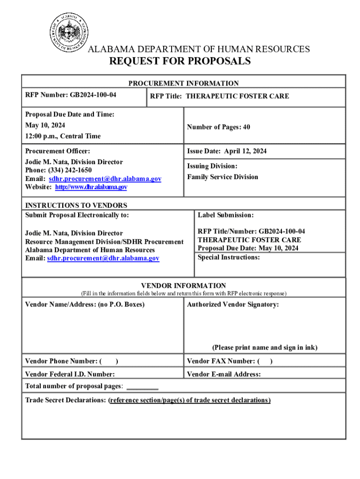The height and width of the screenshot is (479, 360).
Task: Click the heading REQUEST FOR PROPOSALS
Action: click(x=180, y=61)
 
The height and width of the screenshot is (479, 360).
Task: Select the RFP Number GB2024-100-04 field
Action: click(x=71, y=95)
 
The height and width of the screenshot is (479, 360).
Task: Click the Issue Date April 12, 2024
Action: click(x=227, y=151)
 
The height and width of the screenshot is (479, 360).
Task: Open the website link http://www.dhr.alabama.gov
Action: click(x=91, y=187)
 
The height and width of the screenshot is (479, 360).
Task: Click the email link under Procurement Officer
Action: click(x=105, y=179)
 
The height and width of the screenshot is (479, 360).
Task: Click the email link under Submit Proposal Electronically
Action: click(x=103, y=258)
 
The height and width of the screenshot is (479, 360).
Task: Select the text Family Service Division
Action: click(x=223, y=177)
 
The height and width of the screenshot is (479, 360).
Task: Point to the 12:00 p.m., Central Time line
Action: click(x=63, y=136)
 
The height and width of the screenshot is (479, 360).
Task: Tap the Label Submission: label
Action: click(x=225, y=215)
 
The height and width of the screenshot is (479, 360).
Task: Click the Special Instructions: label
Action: click(x=229, y=257)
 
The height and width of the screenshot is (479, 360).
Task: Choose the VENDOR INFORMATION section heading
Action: click(x=184, y=285)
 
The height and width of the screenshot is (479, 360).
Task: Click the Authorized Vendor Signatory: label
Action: click(x=233, y=305)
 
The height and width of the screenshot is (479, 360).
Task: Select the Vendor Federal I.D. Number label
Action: click(x=70, y=374)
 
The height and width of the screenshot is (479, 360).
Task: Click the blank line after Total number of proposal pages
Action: click(x=143, y=387)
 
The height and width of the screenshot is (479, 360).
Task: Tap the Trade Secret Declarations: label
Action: click(x=66, y=400)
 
